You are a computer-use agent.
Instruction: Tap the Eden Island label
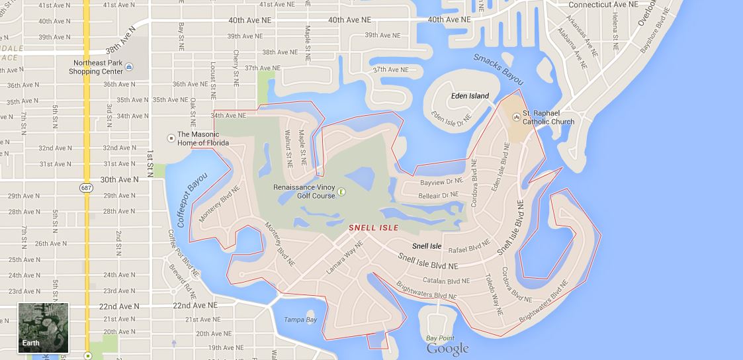tap(470, 96)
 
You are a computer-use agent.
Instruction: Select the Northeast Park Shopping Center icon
tap(129, 67)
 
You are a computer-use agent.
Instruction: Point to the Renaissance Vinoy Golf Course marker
tap(341, 192)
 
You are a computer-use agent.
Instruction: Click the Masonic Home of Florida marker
tap(171, 138)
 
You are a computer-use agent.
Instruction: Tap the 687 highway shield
tap(88, 188)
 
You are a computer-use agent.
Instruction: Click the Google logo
tap(447, 349)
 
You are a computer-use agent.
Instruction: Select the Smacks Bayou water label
tap(498, 68)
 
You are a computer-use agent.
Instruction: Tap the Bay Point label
tap(441, 337)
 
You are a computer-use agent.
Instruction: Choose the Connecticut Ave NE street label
tap(604, 4)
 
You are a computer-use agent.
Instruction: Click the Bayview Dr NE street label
tap(441, 181)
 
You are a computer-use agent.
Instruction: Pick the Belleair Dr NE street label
tap(438, 195)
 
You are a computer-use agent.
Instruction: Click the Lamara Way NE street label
tap(345, 257)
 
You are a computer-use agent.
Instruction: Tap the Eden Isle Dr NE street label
tap(451, 118)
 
